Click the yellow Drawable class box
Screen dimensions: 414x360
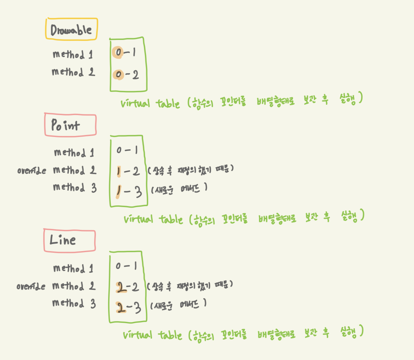pos(71,29)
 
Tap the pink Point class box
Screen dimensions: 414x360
pos(70,125)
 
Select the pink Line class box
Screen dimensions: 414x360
pos(70,240)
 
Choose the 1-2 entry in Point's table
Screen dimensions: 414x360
pos(128,172)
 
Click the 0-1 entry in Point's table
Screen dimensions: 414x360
pos(127,150)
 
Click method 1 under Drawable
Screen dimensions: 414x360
pos(73,55)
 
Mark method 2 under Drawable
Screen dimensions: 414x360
pos(73,72)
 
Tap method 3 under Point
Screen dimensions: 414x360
pos(75,187)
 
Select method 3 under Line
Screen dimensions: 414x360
pos(74,304)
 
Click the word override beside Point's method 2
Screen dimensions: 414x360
pos(31,171)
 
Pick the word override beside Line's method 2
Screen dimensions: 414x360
pos(31,286)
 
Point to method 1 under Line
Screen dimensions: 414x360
pos(73,269)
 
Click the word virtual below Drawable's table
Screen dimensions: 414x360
pos(135,103)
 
